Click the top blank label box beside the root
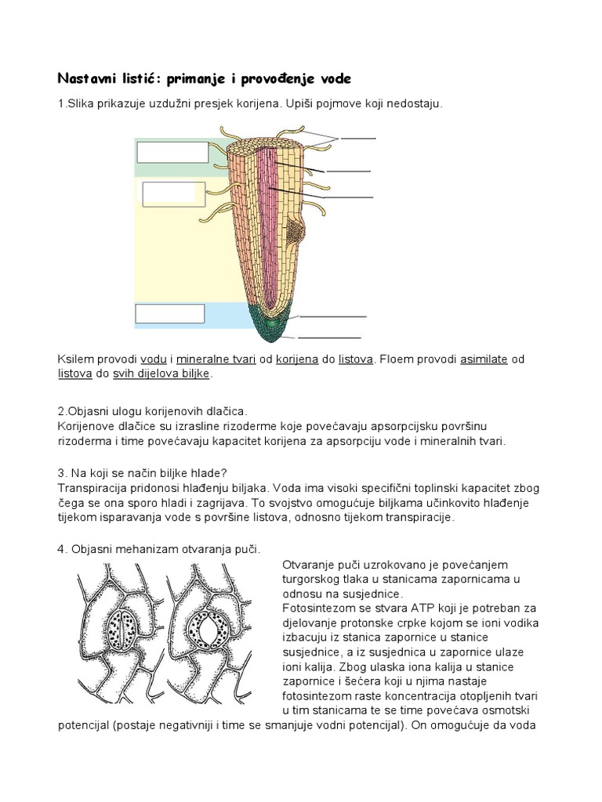[x=172, y=151]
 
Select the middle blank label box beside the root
[x=173, y=194]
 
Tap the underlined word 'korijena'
[x=296, y=359]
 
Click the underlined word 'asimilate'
[x=484, y=359]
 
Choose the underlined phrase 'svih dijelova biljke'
[x=161, y=374]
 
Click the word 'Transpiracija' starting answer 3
[x=92, y=486]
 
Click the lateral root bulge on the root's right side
[x=296, y=230]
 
